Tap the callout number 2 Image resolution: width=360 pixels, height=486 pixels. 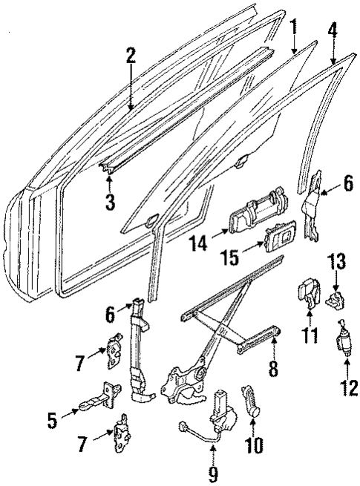[x=131, y=56]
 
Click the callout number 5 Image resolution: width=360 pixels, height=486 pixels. [x=51, y=421]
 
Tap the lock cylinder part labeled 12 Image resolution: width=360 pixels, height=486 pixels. [x=344, y=345]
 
